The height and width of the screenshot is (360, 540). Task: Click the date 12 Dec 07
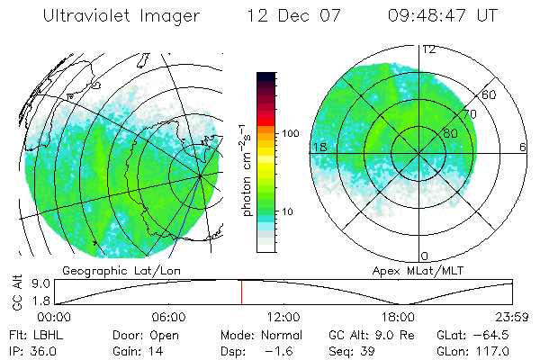click(290, 17)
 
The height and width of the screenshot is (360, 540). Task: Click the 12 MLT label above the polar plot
click(429, 49)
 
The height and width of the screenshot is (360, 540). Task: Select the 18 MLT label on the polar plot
click(319, 147)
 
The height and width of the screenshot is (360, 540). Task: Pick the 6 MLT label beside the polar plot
click(523, 147)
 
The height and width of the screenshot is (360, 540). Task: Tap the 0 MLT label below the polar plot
click(425, 256)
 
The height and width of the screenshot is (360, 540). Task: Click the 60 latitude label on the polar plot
click(490, 94)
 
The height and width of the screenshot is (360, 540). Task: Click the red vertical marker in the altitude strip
click(241, 292)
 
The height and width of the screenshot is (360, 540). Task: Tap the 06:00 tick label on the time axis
click(169, 317)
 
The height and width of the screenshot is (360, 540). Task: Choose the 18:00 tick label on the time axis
click(398, 317)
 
